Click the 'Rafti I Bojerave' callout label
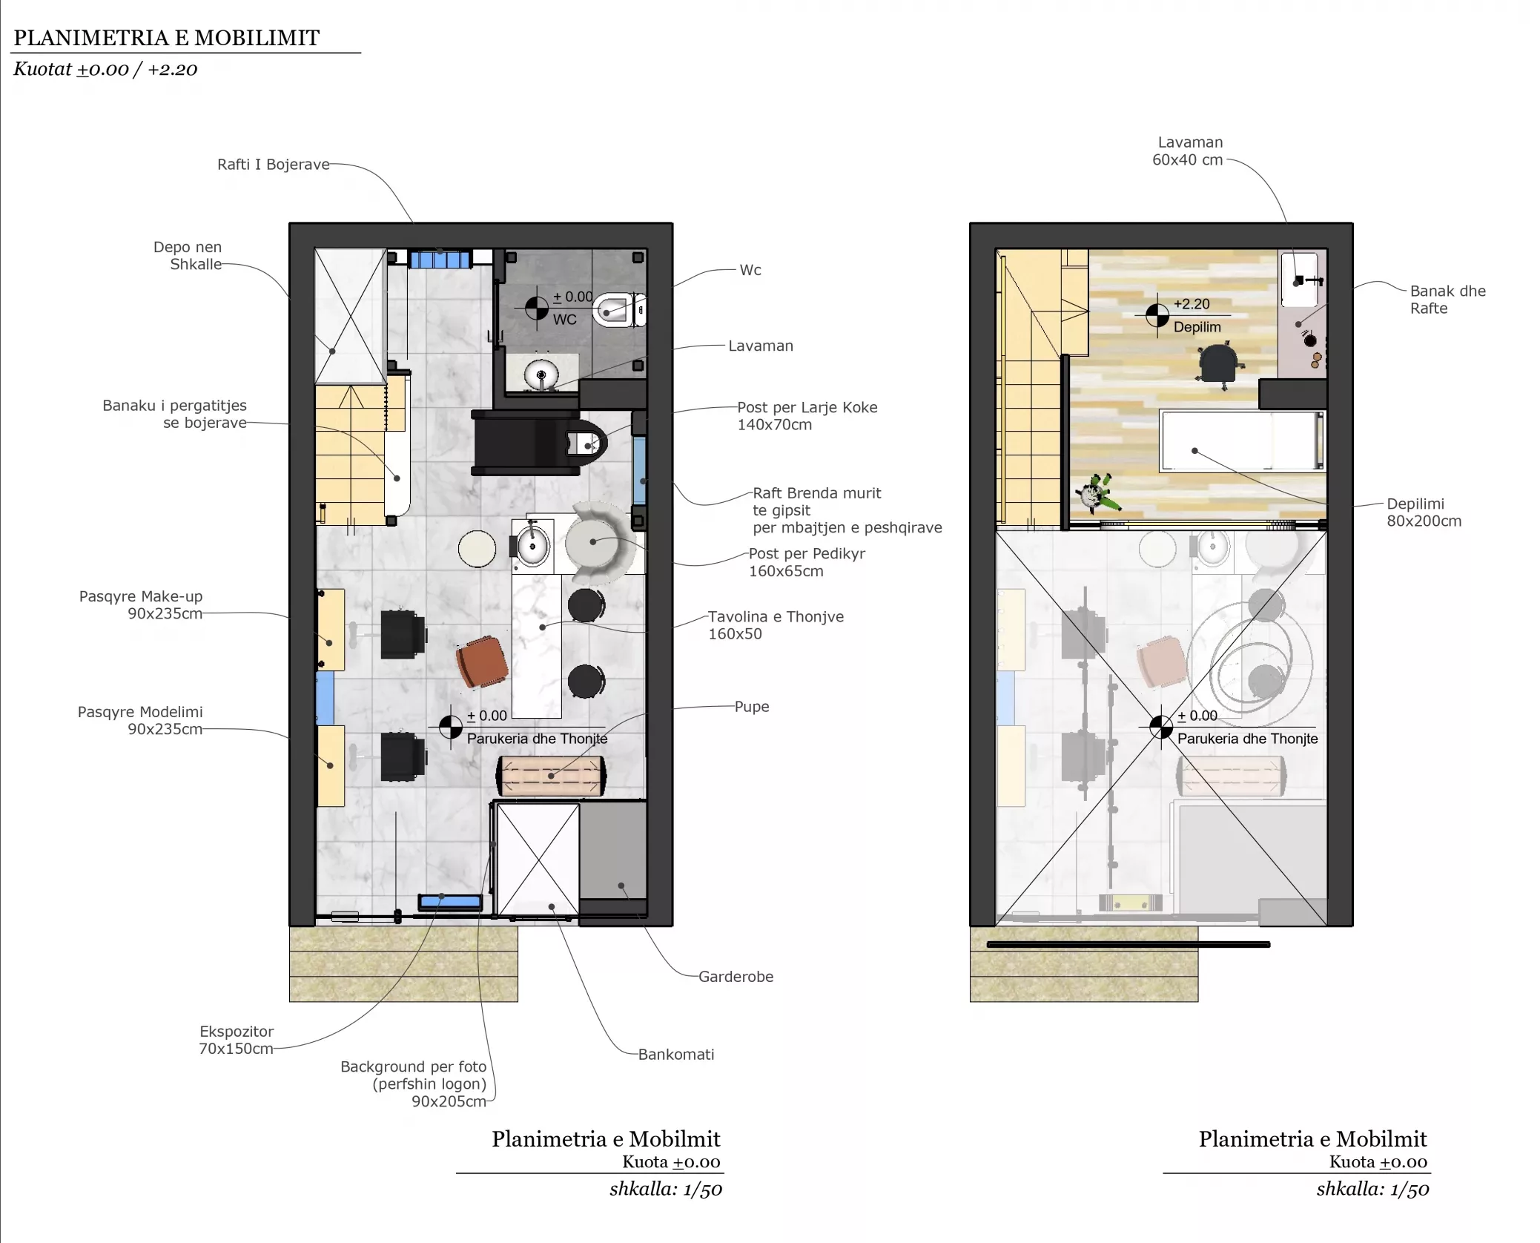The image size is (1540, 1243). (273, 164)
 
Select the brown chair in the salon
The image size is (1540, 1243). (482, 662)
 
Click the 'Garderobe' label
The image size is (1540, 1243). (736, 976)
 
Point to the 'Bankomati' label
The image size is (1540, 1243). (676, 1054)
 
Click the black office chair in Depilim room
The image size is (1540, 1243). (1219, 364)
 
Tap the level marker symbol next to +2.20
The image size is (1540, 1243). (1157, 315)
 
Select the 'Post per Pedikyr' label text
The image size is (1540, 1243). (807, 553)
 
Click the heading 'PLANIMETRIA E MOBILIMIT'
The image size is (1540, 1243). (167, 38)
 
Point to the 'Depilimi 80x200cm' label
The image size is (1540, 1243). (1424, 512)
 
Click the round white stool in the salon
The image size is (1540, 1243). (477, 549)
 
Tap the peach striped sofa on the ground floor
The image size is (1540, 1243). (551, 776)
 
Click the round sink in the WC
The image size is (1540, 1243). (541, 375)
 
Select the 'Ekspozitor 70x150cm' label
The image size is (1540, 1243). (236, 1039)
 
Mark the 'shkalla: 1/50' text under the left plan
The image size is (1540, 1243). (665, 1189)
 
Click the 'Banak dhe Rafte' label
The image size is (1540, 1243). (1447, 300)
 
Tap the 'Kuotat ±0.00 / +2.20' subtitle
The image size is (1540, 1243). (105, 69)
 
